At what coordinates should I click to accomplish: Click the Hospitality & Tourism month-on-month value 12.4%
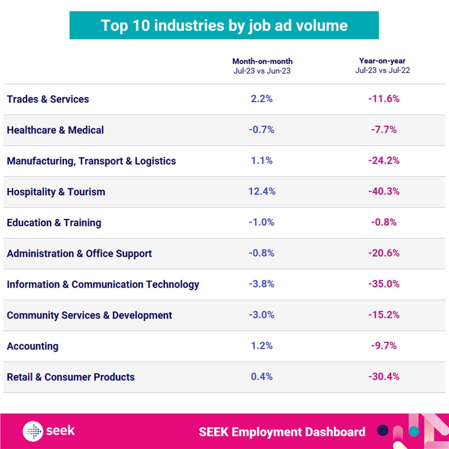click(x=262, y=192)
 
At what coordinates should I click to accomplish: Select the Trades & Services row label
click(x=48, y=99)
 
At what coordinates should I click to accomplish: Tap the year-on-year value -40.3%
click(x=384, y=192)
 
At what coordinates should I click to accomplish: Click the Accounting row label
click(x=33, y=346)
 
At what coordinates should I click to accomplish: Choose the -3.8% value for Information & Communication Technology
click(x=261, y=284)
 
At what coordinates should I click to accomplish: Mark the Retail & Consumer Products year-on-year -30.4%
click(x=384, y=377)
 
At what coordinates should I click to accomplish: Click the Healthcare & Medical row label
click(x=55, y=130)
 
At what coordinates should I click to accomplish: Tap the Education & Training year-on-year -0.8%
click(x=384, y=222)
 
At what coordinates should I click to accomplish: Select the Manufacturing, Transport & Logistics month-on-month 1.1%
click(x=262, y=161)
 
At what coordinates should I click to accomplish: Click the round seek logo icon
click(x=33, y=431)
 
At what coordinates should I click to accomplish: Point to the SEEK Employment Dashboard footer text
click(x=282, y=432)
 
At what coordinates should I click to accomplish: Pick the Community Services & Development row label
click(x=89, y=315)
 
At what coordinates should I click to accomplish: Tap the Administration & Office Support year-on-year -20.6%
click(x=384, y=253)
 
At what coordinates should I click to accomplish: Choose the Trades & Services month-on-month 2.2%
click(x=262, y=99)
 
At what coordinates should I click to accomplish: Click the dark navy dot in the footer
click(x=383, y=430)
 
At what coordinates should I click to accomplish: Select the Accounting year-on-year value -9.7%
click(x=384, y=346)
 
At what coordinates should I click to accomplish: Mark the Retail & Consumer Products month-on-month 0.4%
click(x=262, y=377)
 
